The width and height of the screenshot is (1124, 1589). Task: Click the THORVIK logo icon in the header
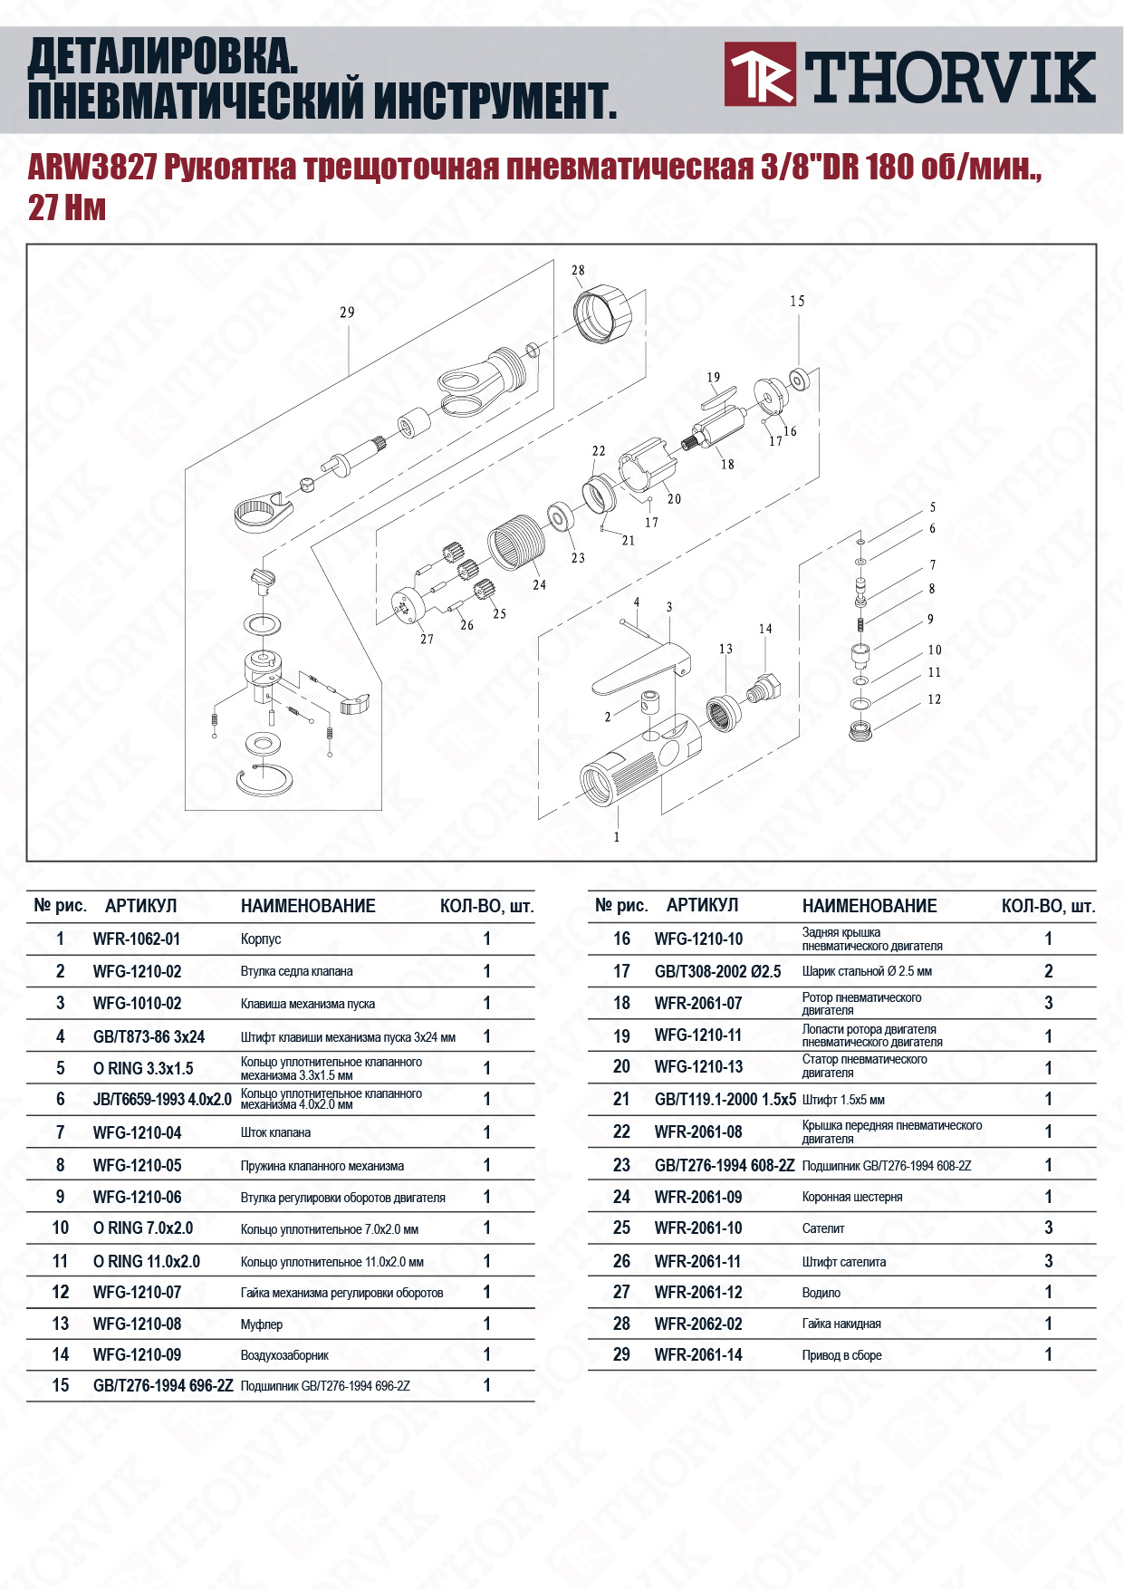(759, 73)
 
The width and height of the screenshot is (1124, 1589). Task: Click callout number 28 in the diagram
(578, 270)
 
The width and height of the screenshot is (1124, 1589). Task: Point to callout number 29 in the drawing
(347, 313)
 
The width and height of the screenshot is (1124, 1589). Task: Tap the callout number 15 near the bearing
(797, 301)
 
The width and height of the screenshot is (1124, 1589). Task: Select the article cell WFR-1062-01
(137, 939)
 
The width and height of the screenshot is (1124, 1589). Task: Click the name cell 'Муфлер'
(262, 1324)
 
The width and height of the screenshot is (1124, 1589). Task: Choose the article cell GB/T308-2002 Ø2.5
(717, 971)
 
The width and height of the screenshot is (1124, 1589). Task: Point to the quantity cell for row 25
(1049, 1228)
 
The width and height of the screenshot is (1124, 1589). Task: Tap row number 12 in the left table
(61, 1292)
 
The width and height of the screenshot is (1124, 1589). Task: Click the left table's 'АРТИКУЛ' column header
(140, 906)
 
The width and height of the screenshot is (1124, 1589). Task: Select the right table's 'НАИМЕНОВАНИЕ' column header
(869, 906)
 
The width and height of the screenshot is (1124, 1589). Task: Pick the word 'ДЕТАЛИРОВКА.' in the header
(163, 57)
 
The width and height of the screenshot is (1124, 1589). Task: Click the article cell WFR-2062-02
(698, 1324)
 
